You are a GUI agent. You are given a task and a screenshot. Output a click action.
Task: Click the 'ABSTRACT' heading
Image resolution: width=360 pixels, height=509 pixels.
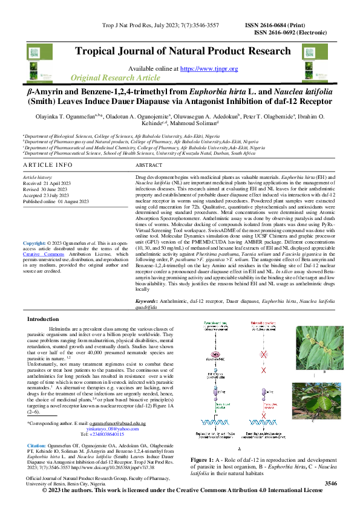[149, 165]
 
